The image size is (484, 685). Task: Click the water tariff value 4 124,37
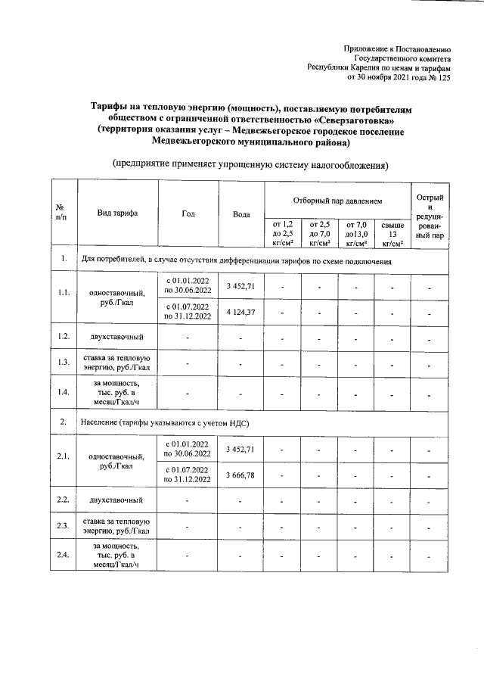tap(241, 313)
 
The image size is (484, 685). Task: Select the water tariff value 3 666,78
tap(241, 474)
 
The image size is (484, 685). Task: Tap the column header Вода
tap(241, 214)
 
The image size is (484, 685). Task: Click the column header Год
tap(188, 214)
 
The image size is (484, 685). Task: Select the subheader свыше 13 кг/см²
tap(392, 233)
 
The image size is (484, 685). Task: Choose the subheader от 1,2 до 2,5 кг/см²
tap(281, 233)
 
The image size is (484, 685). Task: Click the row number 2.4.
tap(64, 556)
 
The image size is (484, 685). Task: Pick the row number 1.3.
tap(64, 363)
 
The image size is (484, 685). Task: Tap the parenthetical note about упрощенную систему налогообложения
tap(250, 163)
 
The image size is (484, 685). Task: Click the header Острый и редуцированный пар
tap(429, 214)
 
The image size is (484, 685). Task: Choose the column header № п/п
tap(64, 214)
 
